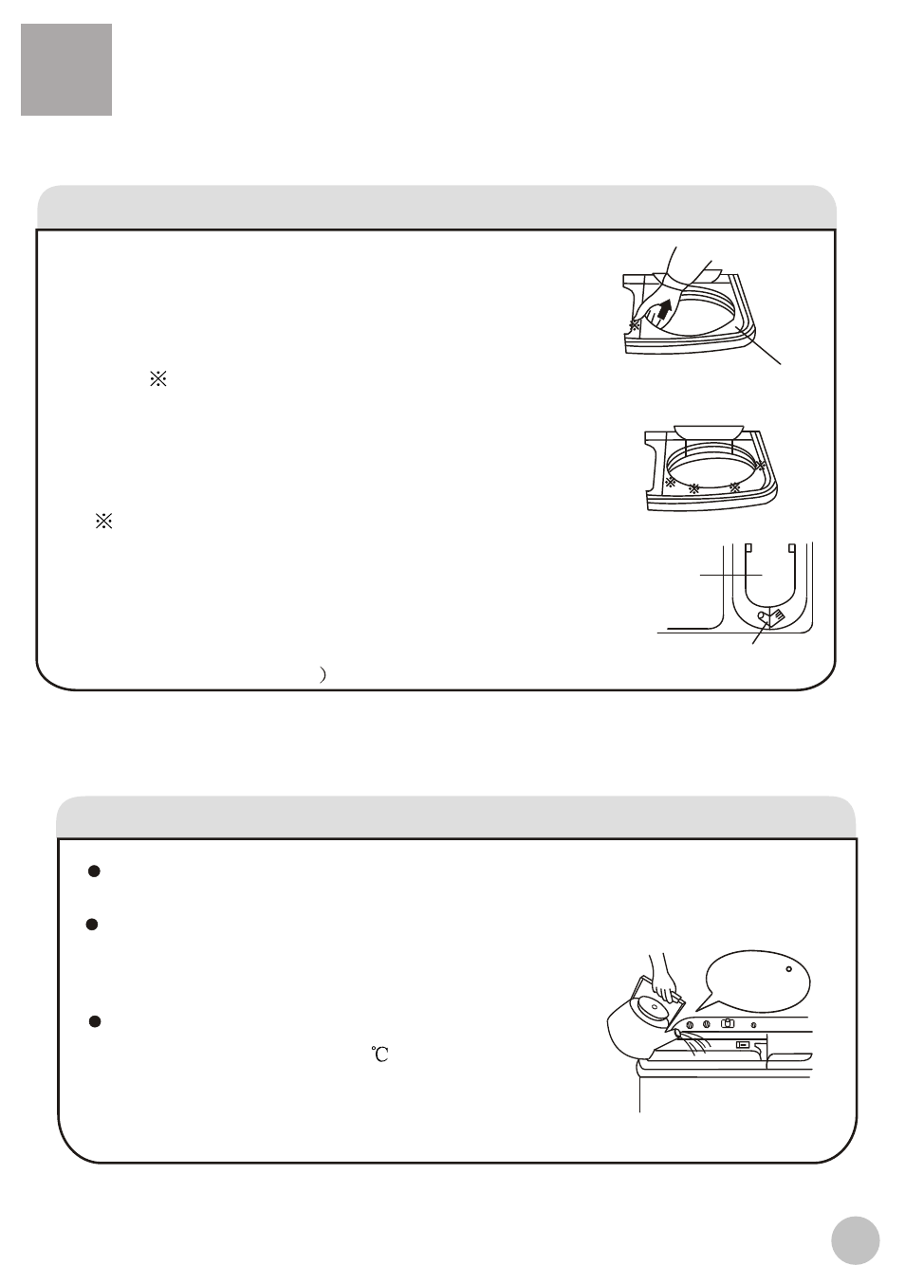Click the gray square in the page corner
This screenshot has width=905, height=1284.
[x=66, y=69]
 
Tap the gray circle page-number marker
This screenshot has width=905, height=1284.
[x=855, y=1240]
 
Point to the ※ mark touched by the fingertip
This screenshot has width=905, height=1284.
[x=635, y=324]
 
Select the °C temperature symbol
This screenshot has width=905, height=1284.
[x=379, y=1055]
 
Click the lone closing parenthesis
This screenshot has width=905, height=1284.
[x=323, y=674]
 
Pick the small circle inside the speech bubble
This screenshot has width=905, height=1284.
[x=788, y=969]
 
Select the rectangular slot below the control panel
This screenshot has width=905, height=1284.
[x=743, y=1044]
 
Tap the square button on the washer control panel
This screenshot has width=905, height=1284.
[x=728, y=1024]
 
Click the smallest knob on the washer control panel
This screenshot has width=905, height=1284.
[x=753, y=1025]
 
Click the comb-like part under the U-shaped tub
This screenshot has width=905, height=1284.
[x=777, y=616]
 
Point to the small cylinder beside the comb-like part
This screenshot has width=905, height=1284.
[x=763, y=616]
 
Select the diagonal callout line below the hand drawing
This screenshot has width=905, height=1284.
[x=759, y=345]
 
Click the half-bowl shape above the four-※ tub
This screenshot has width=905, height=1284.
[x=709, y=431]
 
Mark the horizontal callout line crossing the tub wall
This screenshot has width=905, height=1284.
[x=731, y=575]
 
